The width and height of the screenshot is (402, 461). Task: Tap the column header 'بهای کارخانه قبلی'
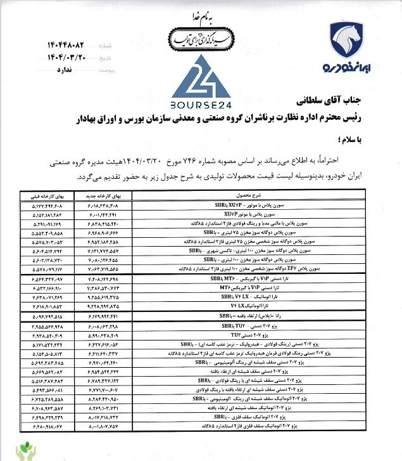tap(44, 197)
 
